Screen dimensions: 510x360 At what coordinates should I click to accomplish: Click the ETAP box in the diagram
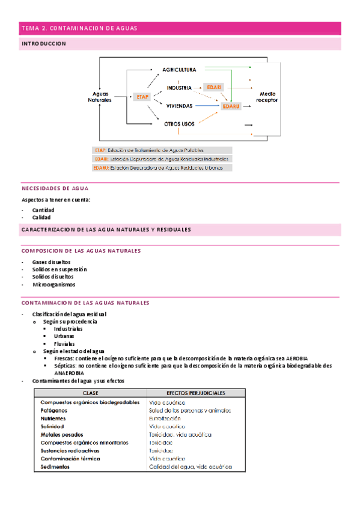click(x=142, y=96)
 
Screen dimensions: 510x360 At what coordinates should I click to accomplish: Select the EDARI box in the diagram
click(x=213, y=87)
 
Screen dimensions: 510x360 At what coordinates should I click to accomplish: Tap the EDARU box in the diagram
click(x=230, y=106)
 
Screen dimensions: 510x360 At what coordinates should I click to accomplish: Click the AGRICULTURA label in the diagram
click(x=179, y=70)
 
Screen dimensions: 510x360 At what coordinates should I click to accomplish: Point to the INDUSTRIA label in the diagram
click(x=179, y=88)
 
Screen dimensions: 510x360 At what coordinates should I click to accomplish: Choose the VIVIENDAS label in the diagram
click(x=179, y=106)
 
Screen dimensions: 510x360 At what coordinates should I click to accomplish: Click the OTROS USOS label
click(x=179, y=124)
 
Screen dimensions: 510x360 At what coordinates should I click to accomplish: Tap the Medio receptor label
click(x=267, y=97)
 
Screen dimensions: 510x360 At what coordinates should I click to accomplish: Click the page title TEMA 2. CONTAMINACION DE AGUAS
click(x=79, y=28)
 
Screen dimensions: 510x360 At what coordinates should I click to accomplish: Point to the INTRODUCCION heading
click(x=44, y=44)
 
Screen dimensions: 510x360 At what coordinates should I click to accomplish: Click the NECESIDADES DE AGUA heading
click(x=55, y=188)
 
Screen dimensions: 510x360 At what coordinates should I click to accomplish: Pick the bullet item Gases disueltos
click(x=51, y=262)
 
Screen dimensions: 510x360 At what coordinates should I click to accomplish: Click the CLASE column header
click(x=91, y=393)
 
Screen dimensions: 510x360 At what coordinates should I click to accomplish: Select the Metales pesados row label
click(x=62, y=434)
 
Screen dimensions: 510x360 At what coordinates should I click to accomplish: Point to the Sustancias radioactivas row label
click(x=70, y=450)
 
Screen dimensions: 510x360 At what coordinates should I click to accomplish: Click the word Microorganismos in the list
click(x=54, y=285)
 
